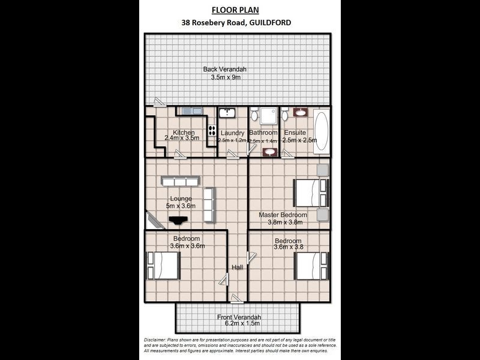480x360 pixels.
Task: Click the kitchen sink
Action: (x=192, y=111)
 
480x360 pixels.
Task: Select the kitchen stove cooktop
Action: (x=211, y=131)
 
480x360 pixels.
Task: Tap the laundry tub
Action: (x=227, y=113)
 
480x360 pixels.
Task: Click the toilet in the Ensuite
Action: (x=285, y=113)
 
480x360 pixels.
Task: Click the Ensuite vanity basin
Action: (x=301, y=112)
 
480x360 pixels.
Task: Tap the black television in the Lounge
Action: (x=177, y=221)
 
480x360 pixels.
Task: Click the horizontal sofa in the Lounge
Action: (x=179, y=181)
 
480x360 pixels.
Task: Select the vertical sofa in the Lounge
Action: (x=209, y=204)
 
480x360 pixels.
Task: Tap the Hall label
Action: (x=238, y=268)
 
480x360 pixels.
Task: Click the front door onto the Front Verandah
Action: (x=238, y=298)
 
